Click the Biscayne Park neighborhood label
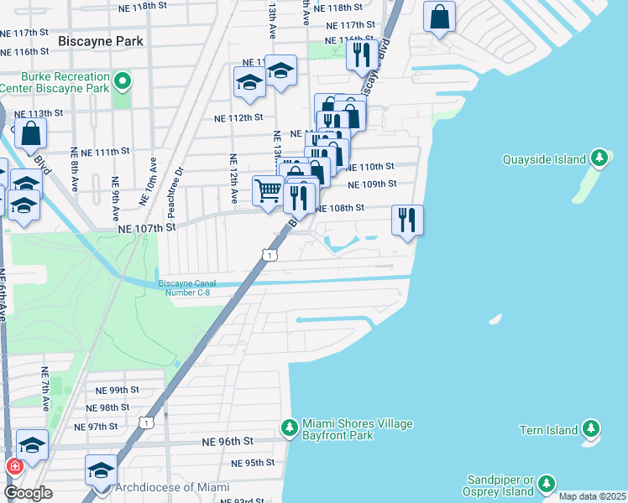[101, 40]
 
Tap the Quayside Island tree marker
[599, 158]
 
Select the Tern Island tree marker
[591, 429]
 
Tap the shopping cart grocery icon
[268, 189]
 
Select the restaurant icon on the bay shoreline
[407, 220]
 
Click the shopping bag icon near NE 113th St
[31, 132]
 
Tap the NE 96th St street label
[228, 441]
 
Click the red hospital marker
[14, 466]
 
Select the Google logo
[28, 492]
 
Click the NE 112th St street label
[238, 117]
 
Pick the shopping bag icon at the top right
[439, 16]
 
